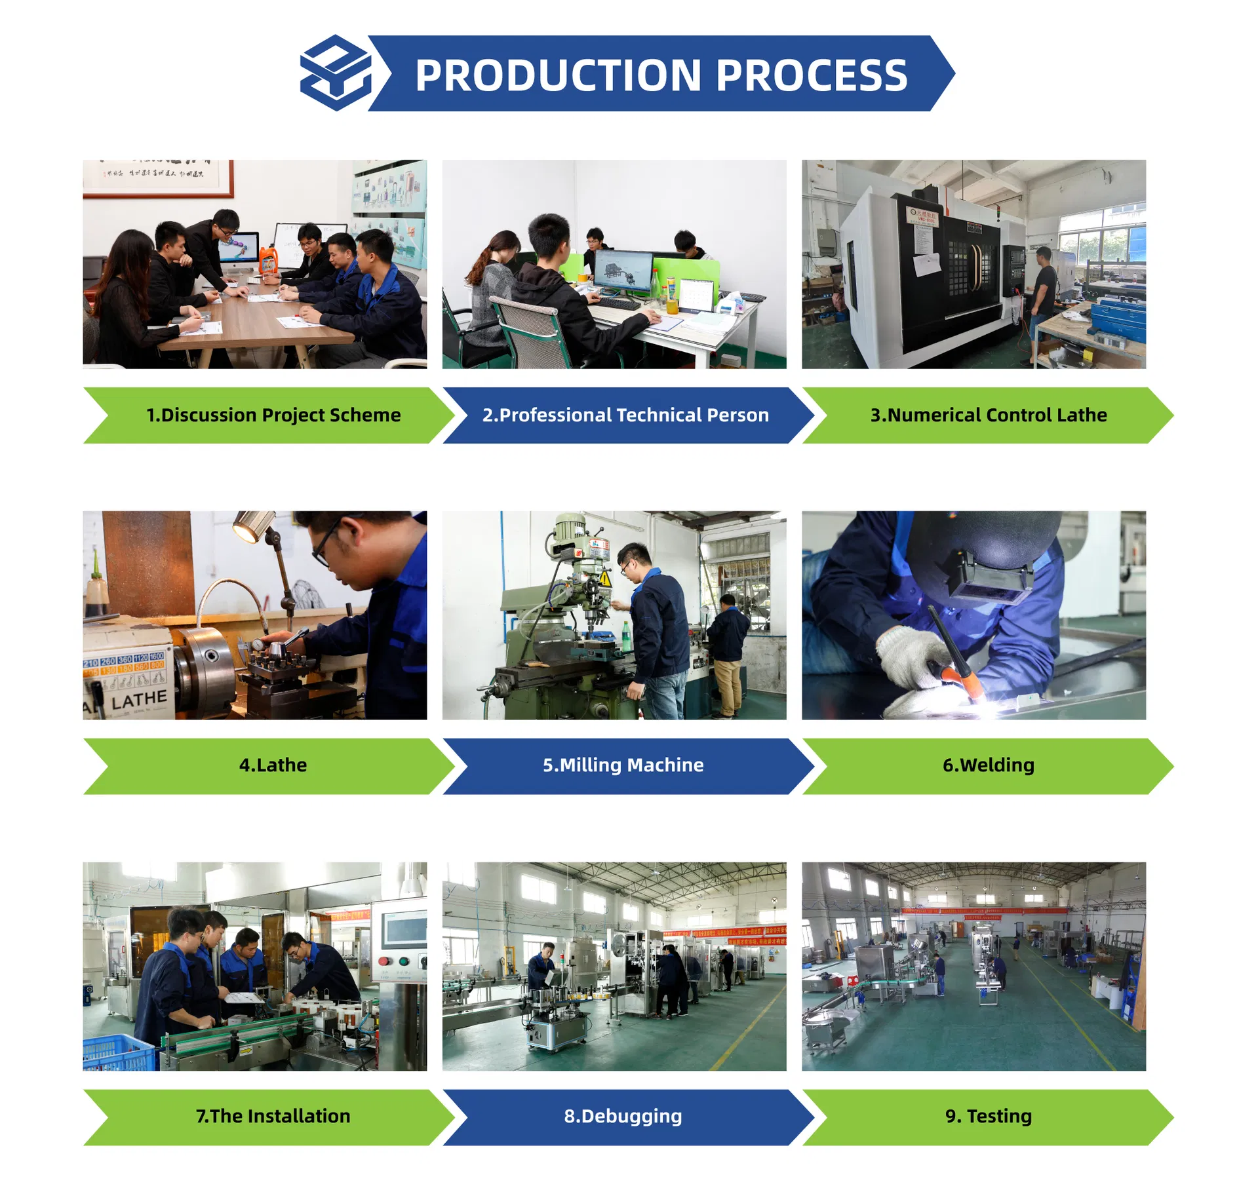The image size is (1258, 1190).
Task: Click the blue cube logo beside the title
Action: pos(336,73)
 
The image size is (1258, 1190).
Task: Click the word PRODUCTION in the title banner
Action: pos(558,75)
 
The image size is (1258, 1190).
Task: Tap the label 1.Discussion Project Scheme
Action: pos(273,415)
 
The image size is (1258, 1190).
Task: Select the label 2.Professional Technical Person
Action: pos(625,415)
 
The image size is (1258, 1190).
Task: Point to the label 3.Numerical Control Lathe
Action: pos(988,415)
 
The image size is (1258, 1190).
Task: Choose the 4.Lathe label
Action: pos(273,765)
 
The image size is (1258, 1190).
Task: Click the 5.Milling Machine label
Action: pos(623,765)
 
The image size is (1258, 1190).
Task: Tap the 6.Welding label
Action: pos(988,765)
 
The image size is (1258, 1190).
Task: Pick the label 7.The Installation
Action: pos(273,1116)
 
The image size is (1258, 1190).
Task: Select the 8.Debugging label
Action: pos(623,1116)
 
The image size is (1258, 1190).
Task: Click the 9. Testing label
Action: pos(988,1116)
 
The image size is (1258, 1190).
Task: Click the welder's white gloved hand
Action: pos(908,655)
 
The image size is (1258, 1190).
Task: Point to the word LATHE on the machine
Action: pos(139,701)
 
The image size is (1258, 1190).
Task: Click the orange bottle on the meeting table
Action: pos(267,260)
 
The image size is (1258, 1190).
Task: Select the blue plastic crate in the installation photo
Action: pos(118,1051)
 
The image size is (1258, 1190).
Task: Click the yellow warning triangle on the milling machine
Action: pos(605,579)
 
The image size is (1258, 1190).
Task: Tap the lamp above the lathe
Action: pos(252,526)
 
